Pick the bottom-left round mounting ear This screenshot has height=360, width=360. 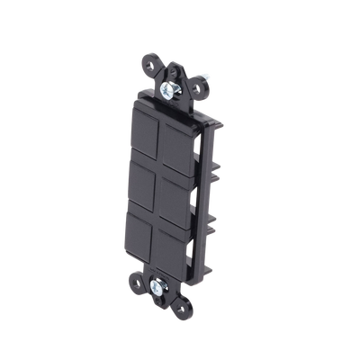[x=136, y=274]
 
